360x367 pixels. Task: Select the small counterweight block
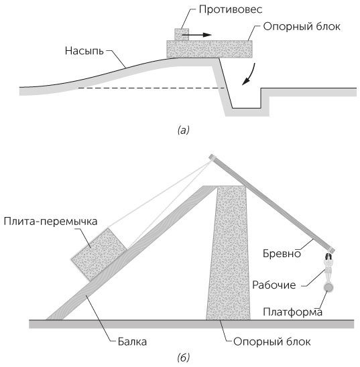[x=181, y=34]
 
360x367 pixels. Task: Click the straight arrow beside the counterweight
[x=201, y=34]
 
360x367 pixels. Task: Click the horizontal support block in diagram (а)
[x=209, y=49]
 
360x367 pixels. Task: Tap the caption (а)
[x=183, y=131]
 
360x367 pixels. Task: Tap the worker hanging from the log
[x=328, y=269]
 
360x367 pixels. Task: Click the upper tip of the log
[x=211, y=158]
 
